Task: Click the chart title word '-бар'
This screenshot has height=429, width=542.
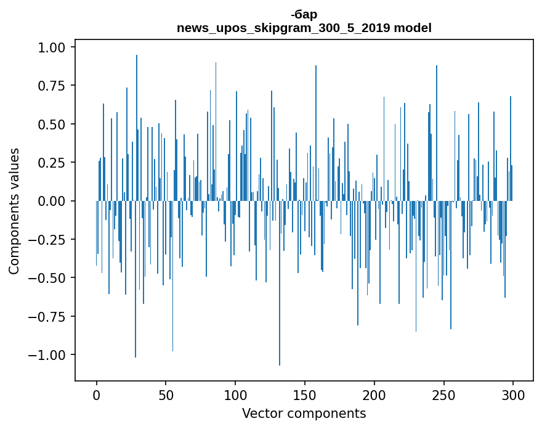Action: [304, 15]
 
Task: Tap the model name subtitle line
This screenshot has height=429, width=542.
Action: [304, 28]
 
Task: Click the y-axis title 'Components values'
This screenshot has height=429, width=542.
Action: [14, 211]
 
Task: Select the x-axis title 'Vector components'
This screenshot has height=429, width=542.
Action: [304, 413]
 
